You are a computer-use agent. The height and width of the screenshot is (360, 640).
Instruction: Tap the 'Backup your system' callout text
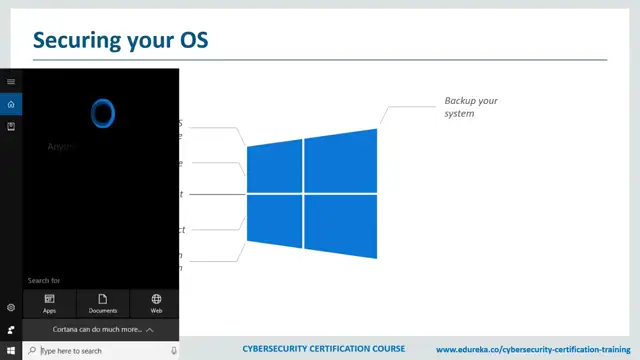point(470,107)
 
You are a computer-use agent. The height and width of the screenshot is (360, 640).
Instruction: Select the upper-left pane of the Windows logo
point(274,167)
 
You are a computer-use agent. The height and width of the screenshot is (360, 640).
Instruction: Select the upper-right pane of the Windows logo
point(341,160)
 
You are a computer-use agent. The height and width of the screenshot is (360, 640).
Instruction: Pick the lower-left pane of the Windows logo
point(274,219)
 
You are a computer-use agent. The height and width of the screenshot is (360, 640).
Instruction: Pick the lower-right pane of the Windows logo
point(341,225)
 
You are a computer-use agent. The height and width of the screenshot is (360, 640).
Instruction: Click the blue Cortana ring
point(102,113)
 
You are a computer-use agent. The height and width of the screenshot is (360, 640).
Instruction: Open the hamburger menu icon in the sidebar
point(11,81)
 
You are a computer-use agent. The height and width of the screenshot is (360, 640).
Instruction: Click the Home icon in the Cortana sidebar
point(11,104)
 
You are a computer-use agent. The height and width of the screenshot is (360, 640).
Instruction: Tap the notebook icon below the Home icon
point(11,127)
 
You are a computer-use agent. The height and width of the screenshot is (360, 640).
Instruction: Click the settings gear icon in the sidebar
point(11,308)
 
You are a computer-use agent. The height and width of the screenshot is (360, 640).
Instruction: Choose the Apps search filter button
point(49,303)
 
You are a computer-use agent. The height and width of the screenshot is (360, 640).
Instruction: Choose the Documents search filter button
point(103,303)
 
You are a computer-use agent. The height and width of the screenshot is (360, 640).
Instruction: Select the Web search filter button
point(156,303)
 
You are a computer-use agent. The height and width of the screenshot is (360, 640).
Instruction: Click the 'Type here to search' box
point(90,351)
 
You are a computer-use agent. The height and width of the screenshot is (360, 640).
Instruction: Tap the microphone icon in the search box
point(172,351)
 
